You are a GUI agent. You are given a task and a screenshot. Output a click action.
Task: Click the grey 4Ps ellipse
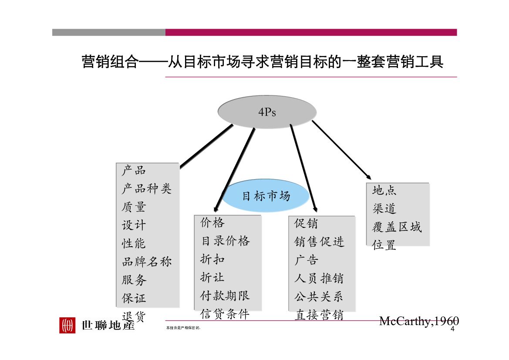267,112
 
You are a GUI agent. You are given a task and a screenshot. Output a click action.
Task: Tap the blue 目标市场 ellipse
266,196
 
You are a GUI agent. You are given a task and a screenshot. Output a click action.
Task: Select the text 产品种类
146,188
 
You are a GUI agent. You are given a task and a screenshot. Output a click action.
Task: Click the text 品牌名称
146,261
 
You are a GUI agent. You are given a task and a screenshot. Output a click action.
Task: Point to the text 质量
134,207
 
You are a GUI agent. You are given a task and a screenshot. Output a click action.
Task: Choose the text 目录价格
225,241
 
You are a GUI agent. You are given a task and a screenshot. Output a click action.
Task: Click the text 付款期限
225,295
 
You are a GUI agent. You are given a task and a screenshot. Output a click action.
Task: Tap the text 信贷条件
225,314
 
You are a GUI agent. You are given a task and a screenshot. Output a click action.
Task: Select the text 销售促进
319,241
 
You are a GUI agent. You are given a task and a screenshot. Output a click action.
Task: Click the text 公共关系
318,296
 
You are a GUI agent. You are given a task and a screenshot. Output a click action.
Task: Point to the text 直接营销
319,315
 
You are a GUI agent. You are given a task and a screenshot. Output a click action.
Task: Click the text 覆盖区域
397,227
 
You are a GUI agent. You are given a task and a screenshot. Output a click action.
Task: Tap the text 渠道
384,209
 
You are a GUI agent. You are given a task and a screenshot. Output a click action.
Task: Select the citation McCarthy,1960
419,321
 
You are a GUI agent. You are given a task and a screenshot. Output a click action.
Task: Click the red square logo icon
67,325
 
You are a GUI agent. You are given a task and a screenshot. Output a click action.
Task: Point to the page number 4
452,329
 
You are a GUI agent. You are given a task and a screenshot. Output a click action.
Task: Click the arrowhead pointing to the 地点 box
369,177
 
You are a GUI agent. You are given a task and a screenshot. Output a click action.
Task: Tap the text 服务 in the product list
134,279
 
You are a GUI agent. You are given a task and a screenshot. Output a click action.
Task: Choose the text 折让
212,277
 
